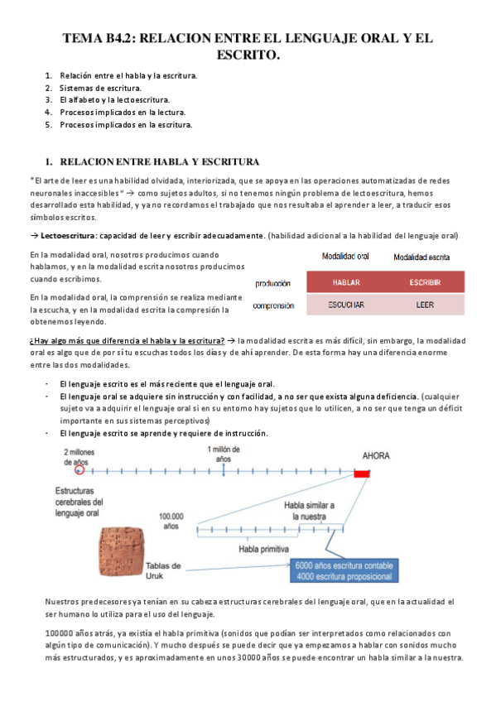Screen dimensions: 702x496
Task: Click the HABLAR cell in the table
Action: tap(345, 283)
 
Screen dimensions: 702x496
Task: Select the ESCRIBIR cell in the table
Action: tap(424, 283)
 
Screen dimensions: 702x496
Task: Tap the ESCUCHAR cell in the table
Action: tap(345, 305)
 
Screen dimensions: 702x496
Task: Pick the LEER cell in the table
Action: tap(424, 305)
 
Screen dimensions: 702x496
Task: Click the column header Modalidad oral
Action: tap(345, 257)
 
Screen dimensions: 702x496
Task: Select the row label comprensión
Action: tap(273, 305)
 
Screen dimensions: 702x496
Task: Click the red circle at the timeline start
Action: tap(79, 470)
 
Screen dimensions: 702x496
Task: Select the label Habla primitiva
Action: tap(263, 548)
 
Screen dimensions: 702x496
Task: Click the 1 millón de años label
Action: tap(224, 453)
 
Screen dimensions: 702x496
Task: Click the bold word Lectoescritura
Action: tap(65, 235)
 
